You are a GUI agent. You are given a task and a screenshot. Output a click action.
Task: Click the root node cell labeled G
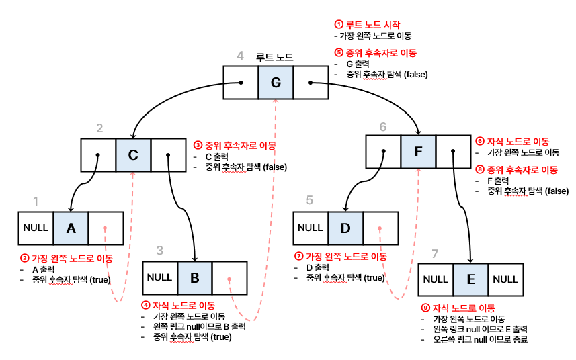tap(276, 83)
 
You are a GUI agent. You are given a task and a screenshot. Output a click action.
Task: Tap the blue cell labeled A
tap(71, 228)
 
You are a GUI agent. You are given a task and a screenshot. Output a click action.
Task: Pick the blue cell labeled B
tap(195, 277)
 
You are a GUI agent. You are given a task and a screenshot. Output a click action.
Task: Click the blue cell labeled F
tap(418, 152)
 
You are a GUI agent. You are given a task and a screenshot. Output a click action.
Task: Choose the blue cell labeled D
tap(345, 228)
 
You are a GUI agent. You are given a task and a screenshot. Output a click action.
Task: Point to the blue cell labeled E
tap(470, 279)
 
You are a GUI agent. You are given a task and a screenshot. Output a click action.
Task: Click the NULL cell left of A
tap(36, 228)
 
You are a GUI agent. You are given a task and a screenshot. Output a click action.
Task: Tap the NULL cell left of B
tap(160, 277)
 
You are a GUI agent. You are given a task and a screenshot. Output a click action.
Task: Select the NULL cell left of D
tap(311, 228)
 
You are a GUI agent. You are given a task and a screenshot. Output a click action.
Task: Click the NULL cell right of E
tap(505, 279)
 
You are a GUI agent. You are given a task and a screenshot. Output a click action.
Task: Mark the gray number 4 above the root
tap(240, 56)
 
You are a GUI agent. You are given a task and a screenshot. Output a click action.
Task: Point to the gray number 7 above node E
tap(435, 254)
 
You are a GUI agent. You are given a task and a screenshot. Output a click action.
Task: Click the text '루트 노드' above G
tap(275, 58)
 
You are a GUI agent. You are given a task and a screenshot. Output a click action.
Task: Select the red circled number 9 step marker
tap(425, 308)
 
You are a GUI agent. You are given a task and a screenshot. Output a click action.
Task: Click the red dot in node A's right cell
tap(106, 228)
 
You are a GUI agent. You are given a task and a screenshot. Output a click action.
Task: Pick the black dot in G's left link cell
tap(240, 83)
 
